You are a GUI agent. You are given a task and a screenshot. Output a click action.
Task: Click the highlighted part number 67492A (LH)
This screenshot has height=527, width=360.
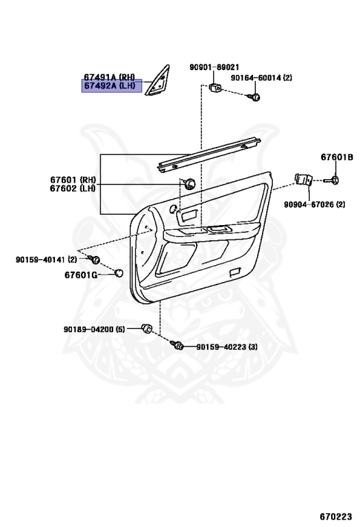point(110,86)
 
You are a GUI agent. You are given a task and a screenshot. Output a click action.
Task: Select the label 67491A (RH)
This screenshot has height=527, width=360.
point(109,77)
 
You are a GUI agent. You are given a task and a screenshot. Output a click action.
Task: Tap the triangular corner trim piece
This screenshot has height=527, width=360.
point(157,82)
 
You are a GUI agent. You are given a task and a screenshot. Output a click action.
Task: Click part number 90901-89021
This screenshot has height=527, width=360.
point(214,67)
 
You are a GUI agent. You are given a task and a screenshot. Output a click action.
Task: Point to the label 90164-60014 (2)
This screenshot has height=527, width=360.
point(261,78)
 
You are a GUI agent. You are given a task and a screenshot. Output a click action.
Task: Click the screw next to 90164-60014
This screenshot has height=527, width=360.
point(254,97)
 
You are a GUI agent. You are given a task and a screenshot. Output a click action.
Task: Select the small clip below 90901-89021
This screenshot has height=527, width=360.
point(215,87)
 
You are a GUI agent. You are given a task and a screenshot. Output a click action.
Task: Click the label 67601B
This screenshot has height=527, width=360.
point(337,157)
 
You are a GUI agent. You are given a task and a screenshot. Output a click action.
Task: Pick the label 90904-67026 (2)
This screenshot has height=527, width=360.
point(314,204)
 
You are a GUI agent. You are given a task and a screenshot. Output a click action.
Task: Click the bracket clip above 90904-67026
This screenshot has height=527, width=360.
point(304,180)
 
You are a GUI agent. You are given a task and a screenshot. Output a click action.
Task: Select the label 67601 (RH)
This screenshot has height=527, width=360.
point(73,180)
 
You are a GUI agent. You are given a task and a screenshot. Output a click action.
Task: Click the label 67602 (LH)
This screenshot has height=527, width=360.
point(73,188)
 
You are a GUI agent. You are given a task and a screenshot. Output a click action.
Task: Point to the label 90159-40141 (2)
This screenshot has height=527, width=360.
point(47,259)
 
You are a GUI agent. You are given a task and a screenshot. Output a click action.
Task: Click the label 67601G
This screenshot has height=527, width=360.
point(81,275)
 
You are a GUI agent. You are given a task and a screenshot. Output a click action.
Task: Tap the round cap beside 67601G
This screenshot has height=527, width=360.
point(119,273)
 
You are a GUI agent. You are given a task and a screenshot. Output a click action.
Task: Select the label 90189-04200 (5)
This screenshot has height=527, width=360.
point(95,329)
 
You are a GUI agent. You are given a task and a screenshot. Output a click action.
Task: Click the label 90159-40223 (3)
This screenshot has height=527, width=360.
point(227,347)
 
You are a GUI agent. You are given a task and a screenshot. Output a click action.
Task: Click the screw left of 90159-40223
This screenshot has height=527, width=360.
point(177,345)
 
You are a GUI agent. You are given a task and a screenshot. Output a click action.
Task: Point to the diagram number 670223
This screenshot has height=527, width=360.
point(336,516)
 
